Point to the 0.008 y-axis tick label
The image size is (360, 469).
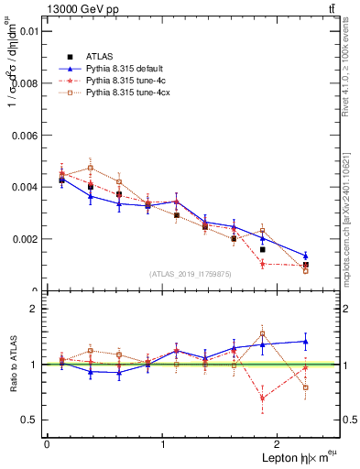click(x=24, y=82)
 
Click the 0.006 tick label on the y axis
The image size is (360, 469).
click(x=24, y=135)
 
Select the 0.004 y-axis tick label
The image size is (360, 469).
click(x=24, y=187)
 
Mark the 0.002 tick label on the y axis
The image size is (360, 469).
click(x=24, y=239)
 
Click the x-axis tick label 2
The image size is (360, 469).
click(x=278, y=443)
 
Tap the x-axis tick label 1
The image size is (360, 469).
click(x=163, y=443)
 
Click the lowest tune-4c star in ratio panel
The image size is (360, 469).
click(x=262, y=398)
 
